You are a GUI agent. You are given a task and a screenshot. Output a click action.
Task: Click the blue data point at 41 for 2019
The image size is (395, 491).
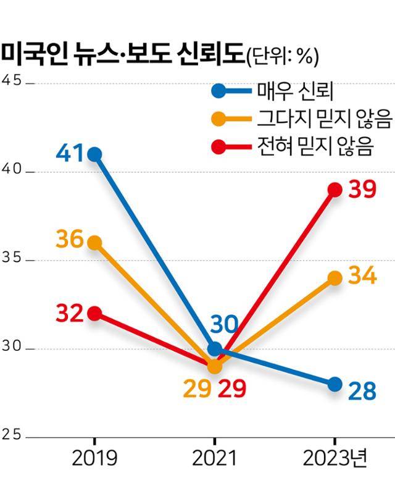click(x=94, y=154)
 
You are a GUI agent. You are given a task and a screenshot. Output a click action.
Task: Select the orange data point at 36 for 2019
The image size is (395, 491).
click(x=94, y=243)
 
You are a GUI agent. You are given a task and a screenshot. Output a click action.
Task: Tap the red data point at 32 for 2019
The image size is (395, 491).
click(x=94, y=314)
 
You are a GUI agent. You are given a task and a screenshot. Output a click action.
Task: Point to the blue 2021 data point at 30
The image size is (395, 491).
click(x=214, y=349)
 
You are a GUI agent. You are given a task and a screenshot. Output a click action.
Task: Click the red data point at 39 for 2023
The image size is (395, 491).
click(x=335, y=190)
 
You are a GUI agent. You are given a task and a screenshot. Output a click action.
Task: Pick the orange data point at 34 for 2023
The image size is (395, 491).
click(x=335, y=278)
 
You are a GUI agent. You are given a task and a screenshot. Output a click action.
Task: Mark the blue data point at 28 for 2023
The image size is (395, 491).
click(x=335, y=384)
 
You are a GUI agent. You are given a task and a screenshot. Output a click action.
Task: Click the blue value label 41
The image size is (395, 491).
click(x=69, y=153)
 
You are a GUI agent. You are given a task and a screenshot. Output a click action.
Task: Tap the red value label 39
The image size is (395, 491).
click(x=362, y=189)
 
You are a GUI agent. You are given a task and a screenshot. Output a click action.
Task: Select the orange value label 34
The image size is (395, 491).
click(x=362, y=276)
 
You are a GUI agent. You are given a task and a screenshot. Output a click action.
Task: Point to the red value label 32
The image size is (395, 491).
click(x=70, y=314)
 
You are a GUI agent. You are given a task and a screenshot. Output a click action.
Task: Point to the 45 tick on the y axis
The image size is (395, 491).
click(x=12, y=82)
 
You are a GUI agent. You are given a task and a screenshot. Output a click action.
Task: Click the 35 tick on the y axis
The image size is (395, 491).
click(x=12, y=259)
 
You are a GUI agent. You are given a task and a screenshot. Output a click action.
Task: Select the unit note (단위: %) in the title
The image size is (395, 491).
click(x=282, y=56)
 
